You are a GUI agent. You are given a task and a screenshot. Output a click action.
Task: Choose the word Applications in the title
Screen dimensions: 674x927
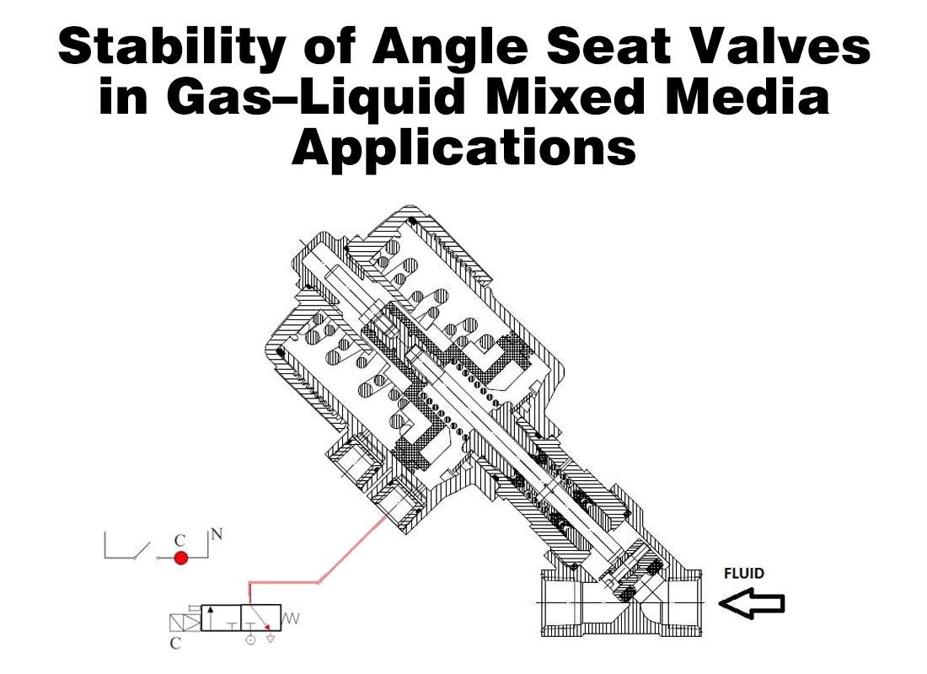tap(463, 148)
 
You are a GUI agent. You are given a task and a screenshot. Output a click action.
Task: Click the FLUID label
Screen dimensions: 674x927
tap(744, 574)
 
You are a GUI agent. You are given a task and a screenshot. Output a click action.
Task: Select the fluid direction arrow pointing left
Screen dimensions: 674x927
tap(752, 604)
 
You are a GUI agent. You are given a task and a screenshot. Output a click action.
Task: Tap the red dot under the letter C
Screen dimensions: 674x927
tap(180, 558)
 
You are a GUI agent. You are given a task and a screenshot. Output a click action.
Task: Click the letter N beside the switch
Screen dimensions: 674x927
tap(217, 533)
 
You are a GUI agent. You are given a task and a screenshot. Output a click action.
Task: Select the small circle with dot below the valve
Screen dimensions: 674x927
tap(250, 640)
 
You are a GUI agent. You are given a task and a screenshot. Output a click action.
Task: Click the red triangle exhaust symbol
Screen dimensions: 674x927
tap(271, 639)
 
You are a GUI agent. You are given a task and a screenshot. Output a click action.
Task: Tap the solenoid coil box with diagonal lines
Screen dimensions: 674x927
tap(185, 623)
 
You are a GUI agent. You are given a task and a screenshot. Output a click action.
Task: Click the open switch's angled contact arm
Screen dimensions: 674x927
tap(142, 551)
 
